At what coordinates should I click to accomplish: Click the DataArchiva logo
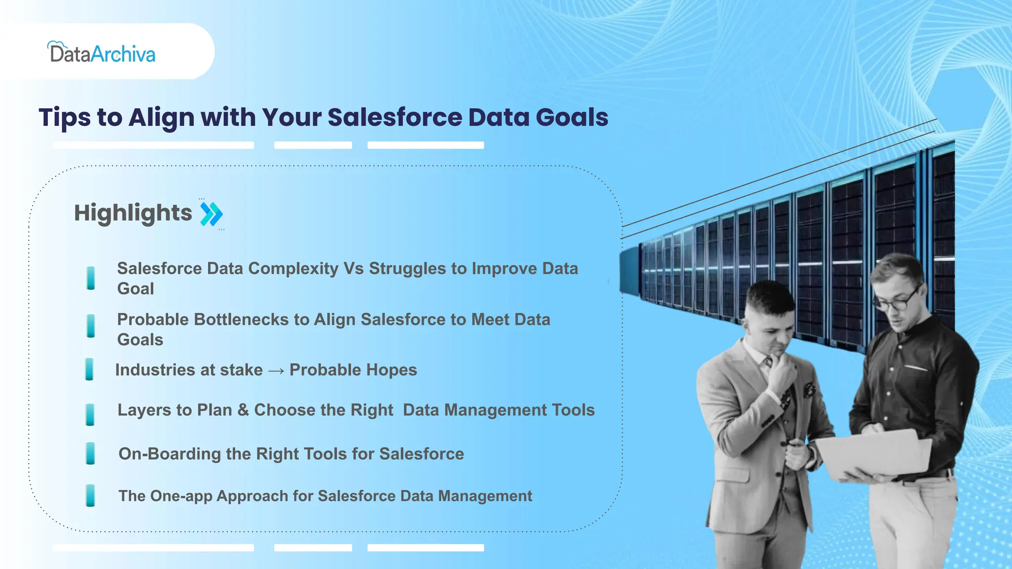[x=102, y=53]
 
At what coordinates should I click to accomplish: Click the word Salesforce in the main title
[x=395, y=118]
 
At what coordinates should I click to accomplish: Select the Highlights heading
[x=133, y=213]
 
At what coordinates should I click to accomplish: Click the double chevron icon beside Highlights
[x=211, y=214]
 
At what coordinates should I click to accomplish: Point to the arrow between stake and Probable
[x=276, y=370]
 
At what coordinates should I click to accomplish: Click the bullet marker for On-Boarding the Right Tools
[x=90, y=453]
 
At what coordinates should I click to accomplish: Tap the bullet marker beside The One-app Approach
[x=90, y=495]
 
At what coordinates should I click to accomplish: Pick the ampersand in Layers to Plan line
[x=243, y=410]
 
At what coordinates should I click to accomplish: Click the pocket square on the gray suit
[x=809, y=390]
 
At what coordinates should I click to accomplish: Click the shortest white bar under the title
[x=313, y=145]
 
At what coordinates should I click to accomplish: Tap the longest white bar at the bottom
[x=153, y=548]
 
